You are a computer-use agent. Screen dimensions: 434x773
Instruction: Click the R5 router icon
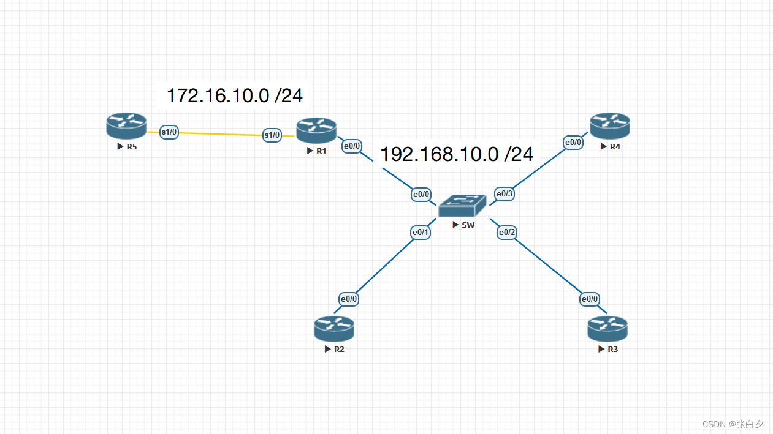(x=126, y=125)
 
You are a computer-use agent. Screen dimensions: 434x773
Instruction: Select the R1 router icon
(x=316, y=130)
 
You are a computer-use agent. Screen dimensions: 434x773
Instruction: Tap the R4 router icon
(x=610, y=125)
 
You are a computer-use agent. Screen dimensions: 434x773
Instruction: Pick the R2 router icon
(x=334, y=329)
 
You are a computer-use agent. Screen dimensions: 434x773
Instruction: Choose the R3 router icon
(x=607, y=329)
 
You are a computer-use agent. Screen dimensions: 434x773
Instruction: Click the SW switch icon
(x=462, y=206)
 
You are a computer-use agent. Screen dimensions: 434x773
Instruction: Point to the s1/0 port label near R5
(x=169, y=132)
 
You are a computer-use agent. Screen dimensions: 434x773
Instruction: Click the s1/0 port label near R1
(x=272, y=135)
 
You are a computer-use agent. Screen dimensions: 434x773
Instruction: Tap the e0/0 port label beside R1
(x=352, y=146)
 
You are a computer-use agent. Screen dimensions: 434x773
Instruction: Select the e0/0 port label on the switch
(x=421, y=195)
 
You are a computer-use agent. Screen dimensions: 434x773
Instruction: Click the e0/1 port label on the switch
(x=421, y=233)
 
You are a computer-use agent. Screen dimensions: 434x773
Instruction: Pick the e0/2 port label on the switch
(x=507, y=233)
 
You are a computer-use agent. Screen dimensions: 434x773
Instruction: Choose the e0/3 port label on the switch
(x=505, y=195)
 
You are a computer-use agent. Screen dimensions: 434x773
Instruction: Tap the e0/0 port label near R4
(x=573, y=143)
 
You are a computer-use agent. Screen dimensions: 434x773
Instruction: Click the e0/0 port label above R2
(x=348, y=299)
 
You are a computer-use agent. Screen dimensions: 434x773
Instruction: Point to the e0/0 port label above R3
(x=589, y=299)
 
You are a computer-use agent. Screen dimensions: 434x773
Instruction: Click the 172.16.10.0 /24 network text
(x=235, y=96)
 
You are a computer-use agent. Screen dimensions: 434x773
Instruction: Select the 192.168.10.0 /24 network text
(x=457, y=155)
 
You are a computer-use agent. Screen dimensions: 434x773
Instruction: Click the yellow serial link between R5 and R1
(x=221, y=133)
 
